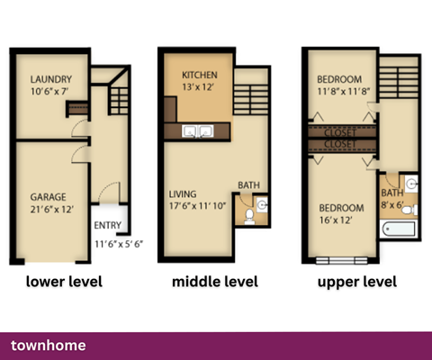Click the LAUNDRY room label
click(x=49, y=78)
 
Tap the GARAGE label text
click(x=46, y=196)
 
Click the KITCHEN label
click(x=200, y=75)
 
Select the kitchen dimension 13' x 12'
click(x=200, y=87)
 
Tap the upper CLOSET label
click(x=341, y=130)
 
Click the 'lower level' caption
click(x=63, y=282)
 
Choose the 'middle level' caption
click(x=215, y=282)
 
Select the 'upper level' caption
click(x=357, y=282)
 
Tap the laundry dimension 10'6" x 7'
click(x=49, y=91)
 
